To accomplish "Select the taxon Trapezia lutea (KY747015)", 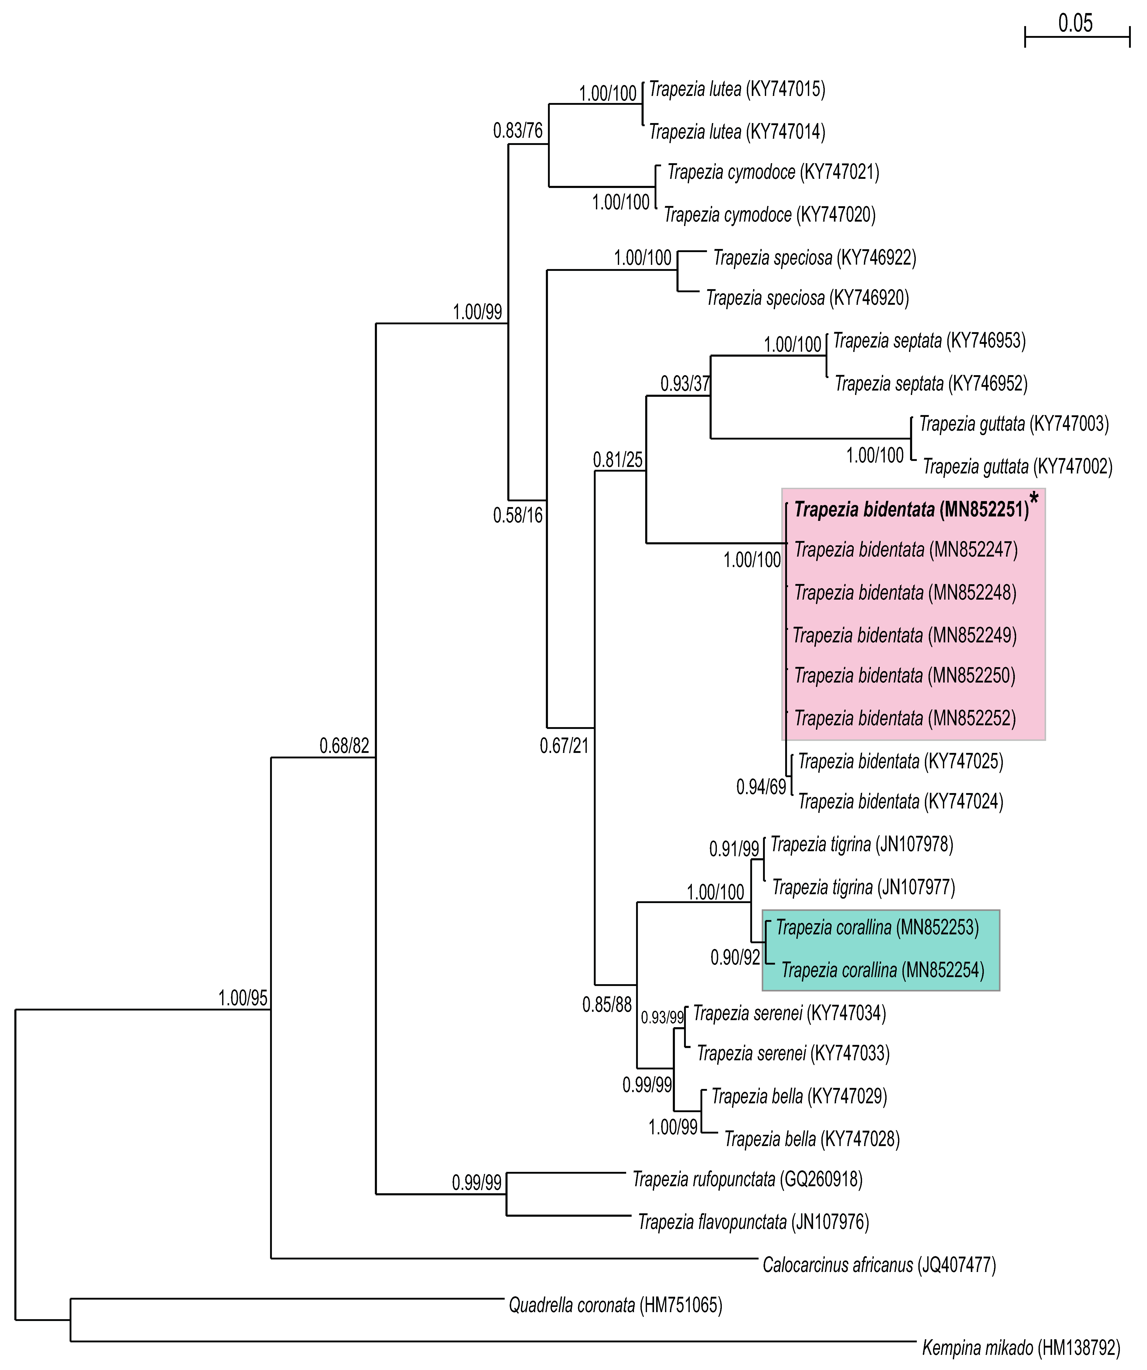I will [x=737, y=89].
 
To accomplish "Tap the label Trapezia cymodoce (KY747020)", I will [x=769, y=215].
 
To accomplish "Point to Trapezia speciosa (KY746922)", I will [x=814, y=258].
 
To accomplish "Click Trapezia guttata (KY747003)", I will [x=1014, y=424].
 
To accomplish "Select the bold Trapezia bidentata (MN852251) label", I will [x=911, y=509].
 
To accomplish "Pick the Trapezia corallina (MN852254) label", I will [x=882, y=970].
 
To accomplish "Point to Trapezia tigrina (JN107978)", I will [x=861, y=845].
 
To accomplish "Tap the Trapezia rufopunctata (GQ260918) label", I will [x=747, y=1179].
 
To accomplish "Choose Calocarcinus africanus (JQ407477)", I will [x=879, y=1265].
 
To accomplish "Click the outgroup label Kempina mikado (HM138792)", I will [x=1020, y=1347].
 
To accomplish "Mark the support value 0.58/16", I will [x=517, y=515].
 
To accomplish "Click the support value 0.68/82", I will [x=344, y=746].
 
